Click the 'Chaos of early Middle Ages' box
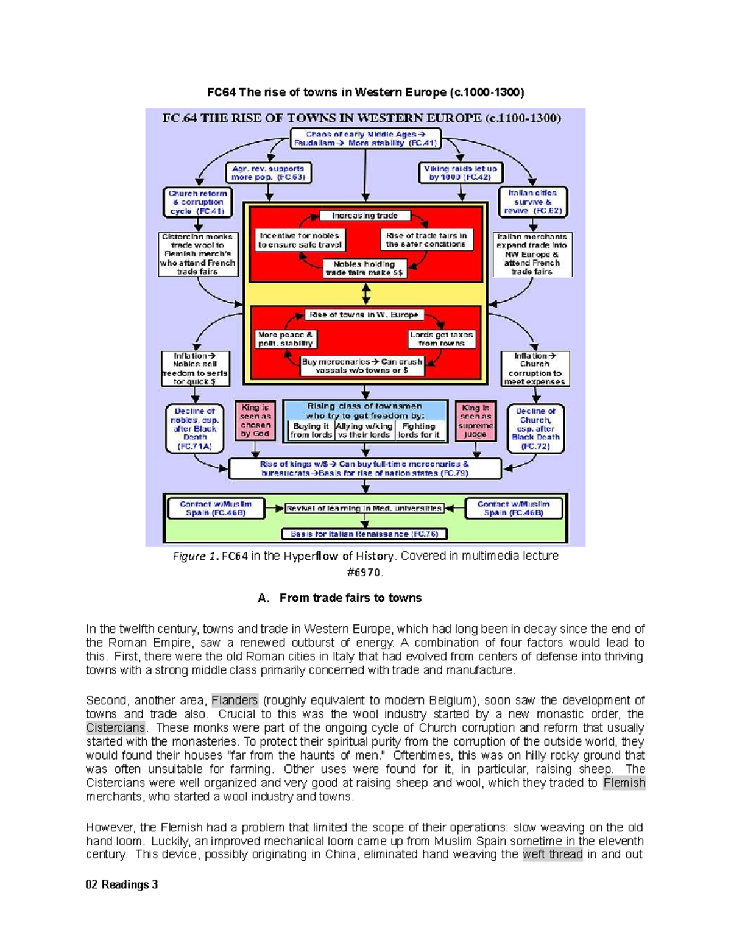[365, 138]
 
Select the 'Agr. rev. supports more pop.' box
[268, 173]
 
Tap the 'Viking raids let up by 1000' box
[460, 173]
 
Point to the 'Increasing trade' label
[365, 216]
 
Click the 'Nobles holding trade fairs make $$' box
[364, 269]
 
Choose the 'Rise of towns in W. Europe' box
[364, 315]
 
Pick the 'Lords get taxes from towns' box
[442, 339]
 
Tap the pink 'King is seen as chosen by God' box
[256, 420]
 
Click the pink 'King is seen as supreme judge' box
[475, 420]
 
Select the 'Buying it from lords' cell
[311, 431]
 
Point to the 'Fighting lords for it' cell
[419, 431]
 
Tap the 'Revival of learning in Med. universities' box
[364, 509]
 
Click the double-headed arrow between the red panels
[366, 294]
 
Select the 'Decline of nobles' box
[194, 429]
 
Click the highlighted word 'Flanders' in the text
[235, 700]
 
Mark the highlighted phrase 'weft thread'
[553, 854]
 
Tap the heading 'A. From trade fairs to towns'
[339, 598]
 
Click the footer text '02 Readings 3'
[122, 884]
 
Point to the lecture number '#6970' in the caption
[365, 573]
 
